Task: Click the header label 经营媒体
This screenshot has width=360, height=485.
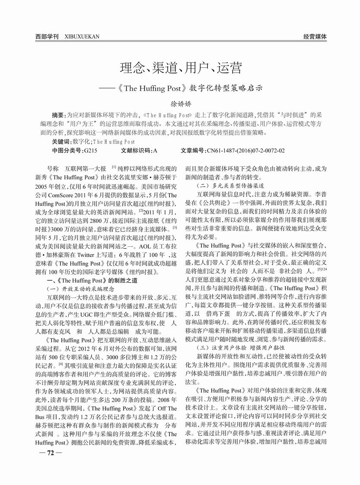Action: pos(315,37)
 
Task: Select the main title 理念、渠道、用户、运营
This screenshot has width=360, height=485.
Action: pos(180,68)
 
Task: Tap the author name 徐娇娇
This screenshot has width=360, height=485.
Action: pos(180,104)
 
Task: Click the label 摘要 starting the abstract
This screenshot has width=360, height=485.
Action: pos(58,116)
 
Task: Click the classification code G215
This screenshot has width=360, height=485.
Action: pos(90,150)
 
